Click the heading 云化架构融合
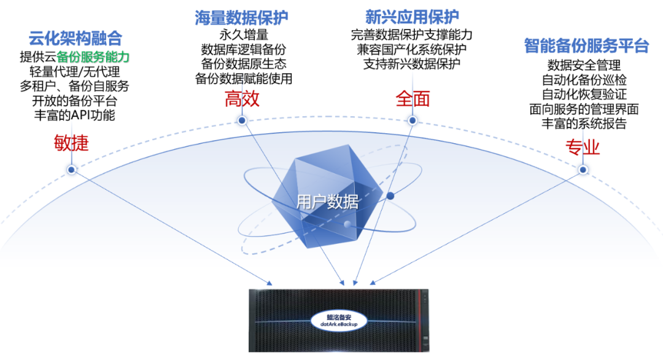tap(76, 39)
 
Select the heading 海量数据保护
tap(241, 18)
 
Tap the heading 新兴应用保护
tap(412, 17)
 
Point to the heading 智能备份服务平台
tap(586, 45)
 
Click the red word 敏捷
tap(71, 143)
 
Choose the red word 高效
tap(242, 99)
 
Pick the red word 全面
tap(413, 99)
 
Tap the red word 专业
tap(583, 147)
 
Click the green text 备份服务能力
tap(93, 57)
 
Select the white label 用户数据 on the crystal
tap(327, 202)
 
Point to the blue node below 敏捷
tap(71, 170)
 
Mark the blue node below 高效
tap(242, 120)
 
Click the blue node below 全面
tap(413, 120)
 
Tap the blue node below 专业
tap(583, 170)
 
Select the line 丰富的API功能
tap(74, 115)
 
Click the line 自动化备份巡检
tap(584, 80)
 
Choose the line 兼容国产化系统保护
tap(412, 50)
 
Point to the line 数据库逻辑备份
tap(244, 50)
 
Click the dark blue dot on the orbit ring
tap(390, 196)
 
